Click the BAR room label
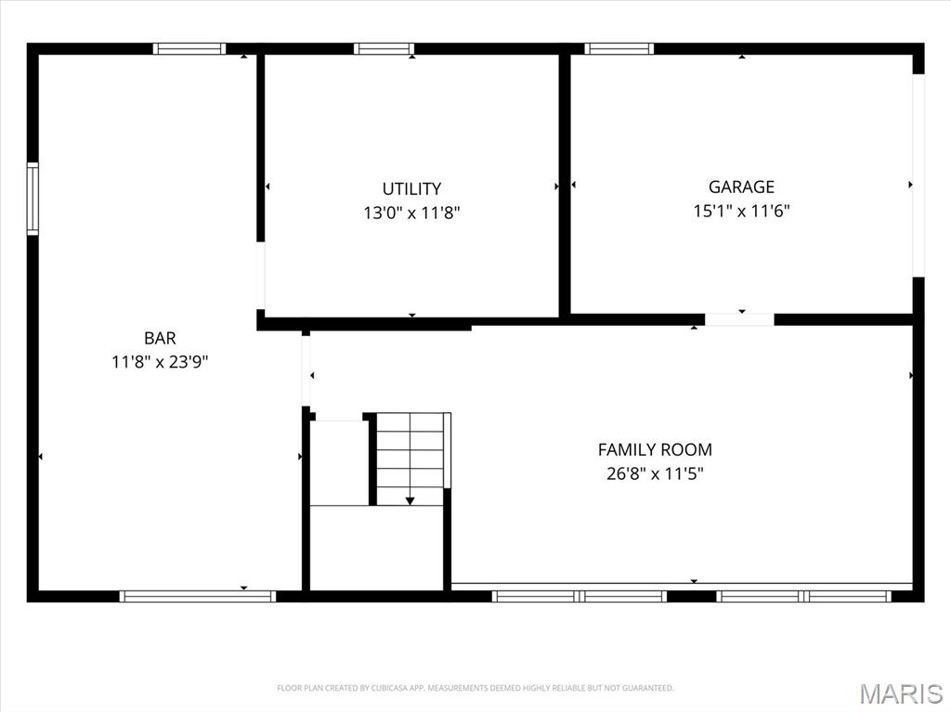coord(160,339)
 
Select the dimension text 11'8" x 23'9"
coord(160,363)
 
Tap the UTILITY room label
coord(411,189)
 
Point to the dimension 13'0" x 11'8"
coord(411,214)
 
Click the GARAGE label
coord(741,187)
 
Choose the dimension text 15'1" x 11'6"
coord(741,211)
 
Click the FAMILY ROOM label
coord(655,450)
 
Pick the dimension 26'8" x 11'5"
coord(655,474)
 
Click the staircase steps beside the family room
coord(410,455)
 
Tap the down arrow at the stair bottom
coord(410,500)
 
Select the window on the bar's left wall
coord(33,199)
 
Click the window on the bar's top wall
coord(189,49)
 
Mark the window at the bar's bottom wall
coord(198,596)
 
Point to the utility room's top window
coord(384,49)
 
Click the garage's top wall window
coord(619,49)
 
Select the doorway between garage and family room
coord(739,319)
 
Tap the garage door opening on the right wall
coord(918,175)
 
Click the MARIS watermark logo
coord(901,693)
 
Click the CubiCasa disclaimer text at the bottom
coord(475,688)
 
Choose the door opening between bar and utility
coord(261,276)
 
